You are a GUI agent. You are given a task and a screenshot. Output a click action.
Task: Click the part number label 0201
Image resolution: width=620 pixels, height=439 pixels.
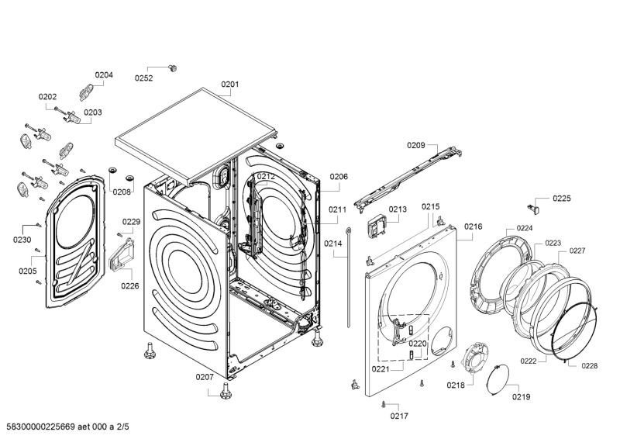click(x=229, y=84)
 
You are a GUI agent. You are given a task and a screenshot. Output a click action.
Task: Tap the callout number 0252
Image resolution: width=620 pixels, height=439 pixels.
click(x=143, y=78)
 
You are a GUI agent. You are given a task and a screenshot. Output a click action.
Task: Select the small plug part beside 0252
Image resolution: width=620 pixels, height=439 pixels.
click(x=172, y=68)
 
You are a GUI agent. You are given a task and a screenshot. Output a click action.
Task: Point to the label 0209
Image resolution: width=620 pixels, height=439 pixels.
click(x=416, y=145)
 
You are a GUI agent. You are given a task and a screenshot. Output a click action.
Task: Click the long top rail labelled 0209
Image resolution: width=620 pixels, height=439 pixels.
click(x=408, y=178)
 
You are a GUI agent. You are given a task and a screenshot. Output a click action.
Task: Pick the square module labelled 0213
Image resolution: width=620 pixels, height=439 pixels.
click(x=377, y=226)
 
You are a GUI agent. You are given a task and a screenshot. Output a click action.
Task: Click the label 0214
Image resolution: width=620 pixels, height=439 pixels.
click(x=333, y=244)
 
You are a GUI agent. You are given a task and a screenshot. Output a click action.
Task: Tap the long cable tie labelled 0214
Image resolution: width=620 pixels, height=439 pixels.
click(x=349, y=277)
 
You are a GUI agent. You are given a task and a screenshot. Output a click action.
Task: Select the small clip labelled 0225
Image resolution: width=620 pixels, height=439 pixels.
click(x=535, y=208)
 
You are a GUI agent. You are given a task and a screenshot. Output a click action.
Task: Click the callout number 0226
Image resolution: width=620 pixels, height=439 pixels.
click(x=130, y=285)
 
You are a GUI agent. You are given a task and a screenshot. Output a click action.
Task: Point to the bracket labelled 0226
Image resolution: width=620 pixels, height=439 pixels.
click(x=121, y=255)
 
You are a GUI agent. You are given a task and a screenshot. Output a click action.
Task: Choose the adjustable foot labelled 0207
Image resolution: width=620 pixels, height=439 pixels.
click(x=226, y=390)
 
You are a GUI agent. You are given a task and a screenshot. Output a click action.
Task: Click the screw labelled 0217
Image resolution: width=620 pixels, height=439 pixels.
click(x=383, y=404)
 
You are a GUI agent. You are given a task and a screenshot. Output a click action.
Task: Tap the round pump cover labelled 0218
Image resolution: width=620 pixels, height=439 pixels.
click(x=475, y=358)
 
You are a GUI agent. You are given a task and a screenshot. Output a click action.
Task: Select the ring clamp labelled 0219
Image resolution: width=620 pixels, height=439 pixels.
click(x=497, y=379)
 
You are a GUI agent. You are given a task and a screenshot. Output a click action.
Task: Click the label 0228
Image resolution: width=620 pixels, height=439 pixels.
click(x=589, y=366)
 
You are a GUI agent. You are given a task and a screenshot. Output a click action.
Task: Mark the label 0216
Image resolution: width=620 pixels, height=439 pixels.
click(x=474, y=226)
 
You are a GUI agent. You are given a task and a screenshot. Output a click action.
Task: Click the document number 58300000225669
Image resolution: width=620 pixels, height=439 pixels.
click(x=41, y=427)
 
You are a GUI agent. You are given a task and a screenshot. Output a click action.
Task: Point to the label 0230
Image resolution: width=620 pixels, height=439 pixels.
click(x=22, y=240)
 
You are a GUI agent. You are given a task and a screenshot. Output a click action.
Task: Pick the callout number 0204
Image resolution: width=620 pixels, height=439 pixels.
click(x=104, y=74)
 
